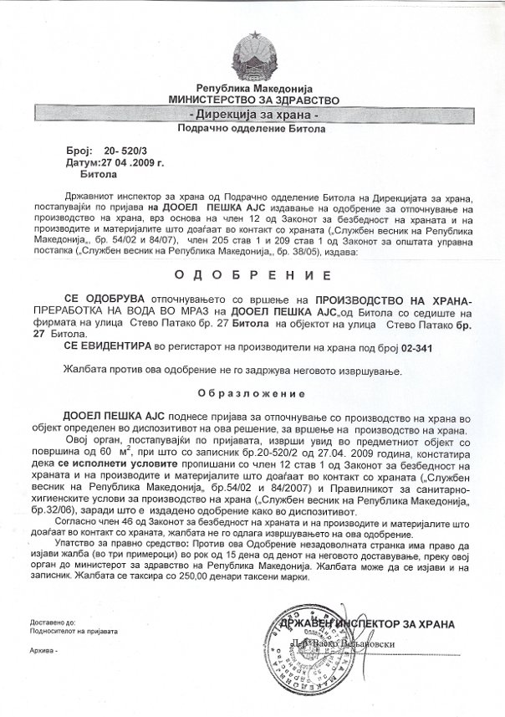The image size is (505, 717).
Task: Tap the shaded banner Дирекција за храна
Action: point(252,114)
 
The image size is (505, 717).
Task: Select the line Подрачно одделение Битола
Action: point(252,130)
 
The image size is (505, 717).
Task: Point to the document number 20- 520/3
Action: point(122,147)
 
